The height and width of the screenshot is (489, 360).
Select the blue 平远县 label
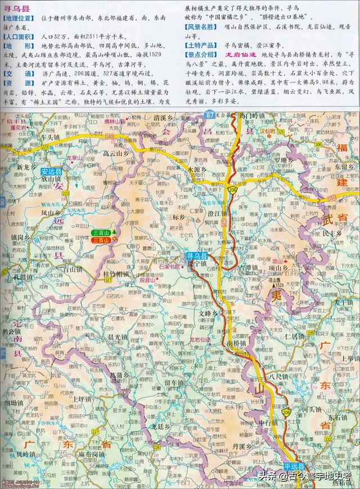(x=293, y=466)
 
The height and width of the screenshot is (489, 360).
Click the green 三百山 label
(x=101, y=232)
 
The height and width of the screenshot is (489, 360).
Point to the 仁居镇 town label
(x=294, y=336)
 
